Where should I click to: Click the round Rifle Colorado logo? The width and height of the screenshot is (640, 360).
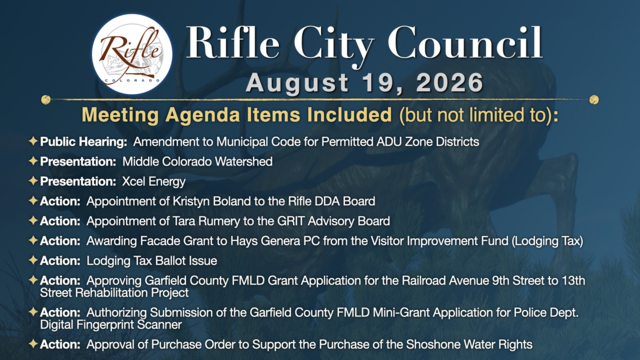tap(132, 54)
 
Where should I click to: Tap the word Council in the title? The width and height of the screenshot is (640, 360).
tap(465, 43)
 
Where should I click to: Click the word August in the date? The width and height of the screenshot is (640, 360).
tap(298, 83)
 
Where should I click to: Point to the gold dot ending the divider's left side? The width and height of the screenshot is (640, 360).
tap(46, 99)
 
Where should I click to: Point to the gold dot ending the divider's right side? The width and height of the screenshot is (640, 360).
tap(594, 99)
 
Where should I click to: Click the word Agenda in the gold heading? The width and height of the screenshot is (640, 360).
tap(204, 116)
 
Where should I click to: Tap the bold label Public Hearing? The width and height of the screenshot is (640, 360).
tap(84, 142)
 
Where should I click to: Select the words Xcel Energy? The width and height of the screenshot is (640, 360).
tap(154, 182)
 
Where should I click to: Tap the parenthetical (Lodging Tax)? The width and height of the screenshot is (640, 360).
tap(547, 241)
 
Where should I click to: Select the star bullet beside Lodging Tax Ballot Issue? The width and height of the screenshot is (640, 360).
tap(33, 260)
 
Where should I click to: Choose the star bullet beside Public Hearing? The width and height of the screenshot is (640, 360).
tap(33, 141)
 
